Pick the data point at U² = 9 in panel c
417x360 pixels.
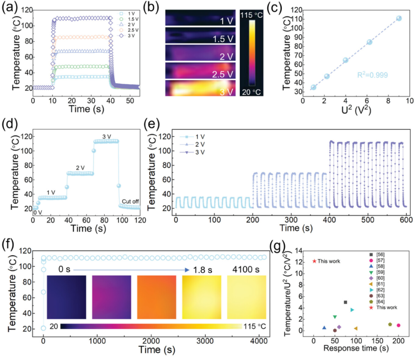point(399,18)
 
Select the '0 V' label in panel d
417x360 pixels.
point(37,213)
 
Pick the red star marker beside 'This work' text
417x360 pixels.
point(314,261)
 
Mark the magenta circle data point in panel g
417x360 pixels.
point(398,325)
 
